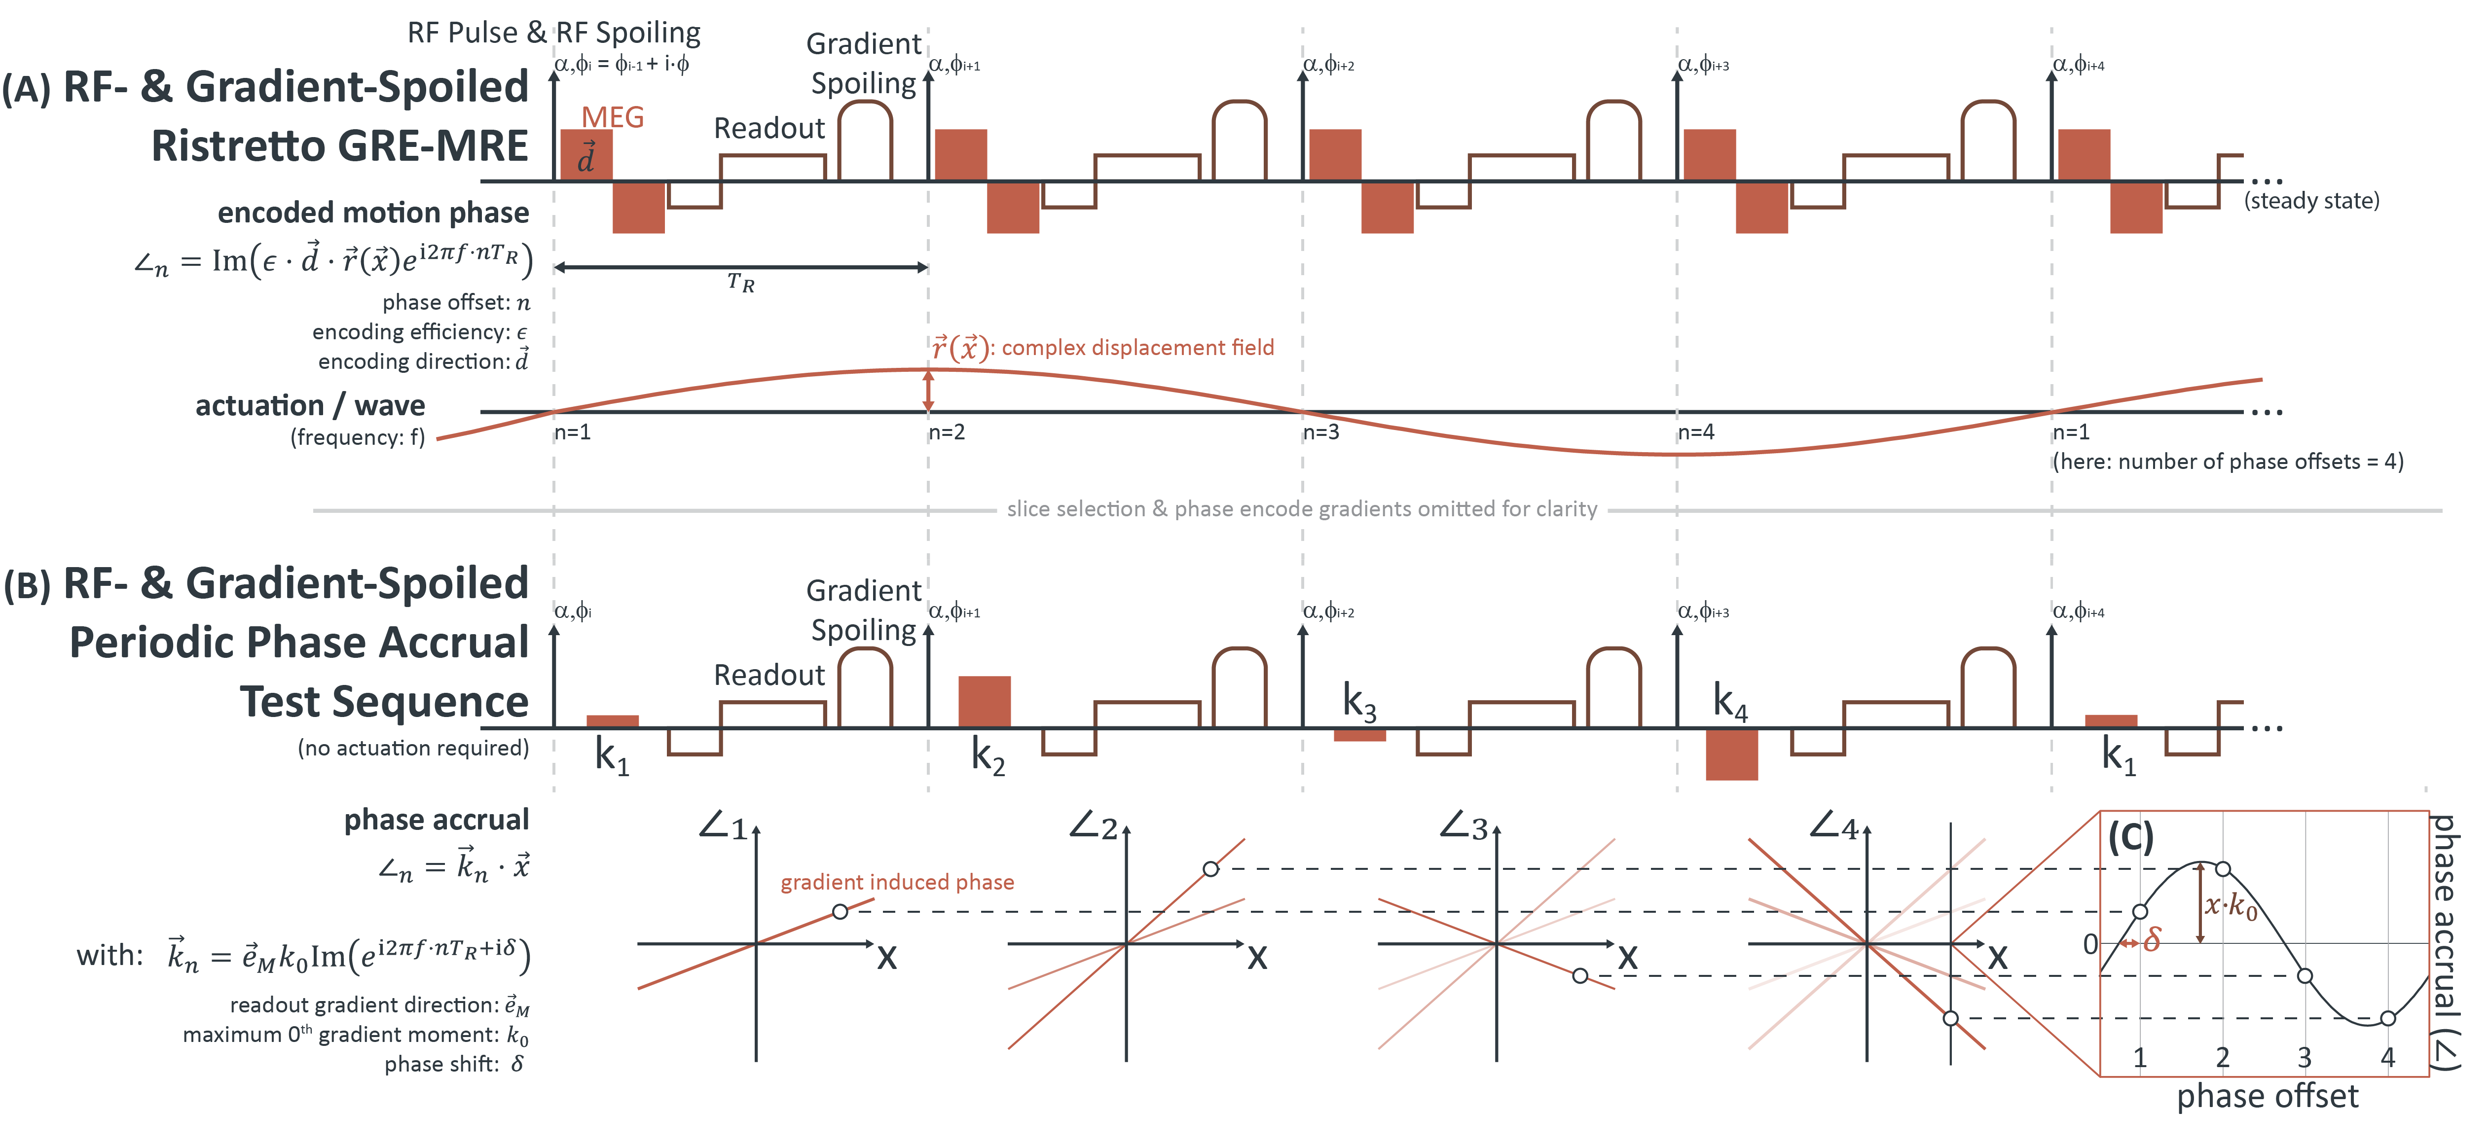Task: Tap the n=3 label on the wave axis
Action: click(1321, 432)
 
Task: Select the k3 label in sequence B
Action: click(1358, 702)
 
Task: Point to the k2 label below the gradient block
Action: click(988, 755)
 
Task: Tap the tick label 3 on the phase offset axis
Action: click(2305, 1057)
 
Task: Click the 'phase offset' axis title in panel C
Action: click(2267, 1097)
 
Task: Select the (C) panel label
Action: click(2130, 837)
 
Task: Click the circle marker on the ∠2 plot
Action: click(1210, 869)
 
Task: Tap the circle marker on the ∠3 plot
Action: click(1580, 976)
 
